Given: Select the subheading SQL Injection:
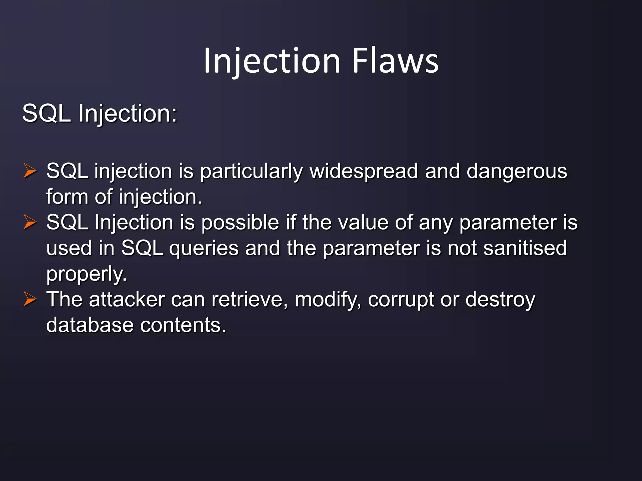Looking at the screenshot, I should pos(100,113).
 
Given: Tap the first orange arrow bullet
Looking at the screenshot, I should pos(30,171).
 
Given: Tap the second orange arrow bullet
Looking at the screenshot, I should pos(30,223).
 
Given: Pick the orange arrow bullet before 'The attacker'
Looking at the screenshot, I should pos(30,299).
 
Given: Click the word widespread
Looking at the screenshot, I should pos(364,171).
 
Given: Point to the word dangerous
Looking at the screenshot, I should pos(517,171).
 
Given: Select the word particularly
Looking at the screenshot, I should pos(251,172).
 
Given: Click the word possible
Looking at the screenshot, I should pos(240,223).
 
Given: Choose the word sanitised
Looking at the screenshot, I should pos(525,248).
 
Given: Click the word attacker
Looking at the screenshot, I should pos(127,300).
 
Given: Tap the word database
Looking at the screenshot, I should pos(90,325).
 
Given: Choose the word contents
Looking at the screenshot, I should pos(183,325).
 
